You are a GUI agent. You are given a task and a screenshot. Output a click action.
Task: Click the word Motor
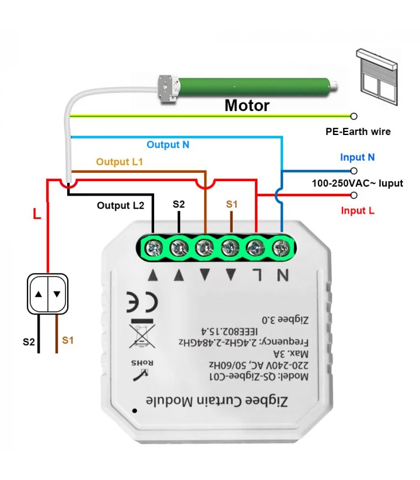click(x=247, y=106)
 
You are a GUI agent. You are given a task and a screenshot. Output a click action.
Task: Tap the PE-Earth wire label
click(x=358, y=131)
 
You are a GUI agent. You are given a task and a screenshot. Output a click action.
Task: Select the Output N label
click(x=168, y=145)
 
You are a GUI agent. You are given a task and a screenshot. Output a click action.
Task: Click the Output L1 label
click(x=119, y=162)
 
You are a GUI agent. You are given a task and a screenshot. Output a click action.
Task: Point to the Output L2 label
click(x=121, y=205)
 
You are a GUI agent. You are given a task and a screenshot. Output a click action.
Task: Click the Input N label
click(x=357, y=157)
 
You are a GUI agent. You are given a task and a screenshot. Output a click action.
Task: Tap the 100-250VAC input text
click(x=357, y=183)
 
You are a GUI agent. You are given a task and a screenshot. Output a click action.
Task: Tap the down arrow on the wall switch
click(x=57, y=294)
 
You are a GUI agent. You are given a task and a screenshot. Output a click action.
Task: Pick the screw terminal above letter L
click(x=256, y=246)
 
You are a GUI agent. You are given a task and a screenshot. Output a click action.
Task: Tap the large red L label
click(x=37, y=214)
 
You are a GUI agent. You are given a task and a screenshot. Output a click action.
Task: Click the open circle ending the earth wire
click(x=354, y=116)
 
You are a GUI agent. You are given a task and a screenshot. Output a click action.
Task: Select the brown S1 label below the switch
click(x=68, y=340)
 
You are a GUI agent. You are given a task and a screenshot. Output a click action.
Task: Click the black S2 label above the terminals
click(x=179, y=205)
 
